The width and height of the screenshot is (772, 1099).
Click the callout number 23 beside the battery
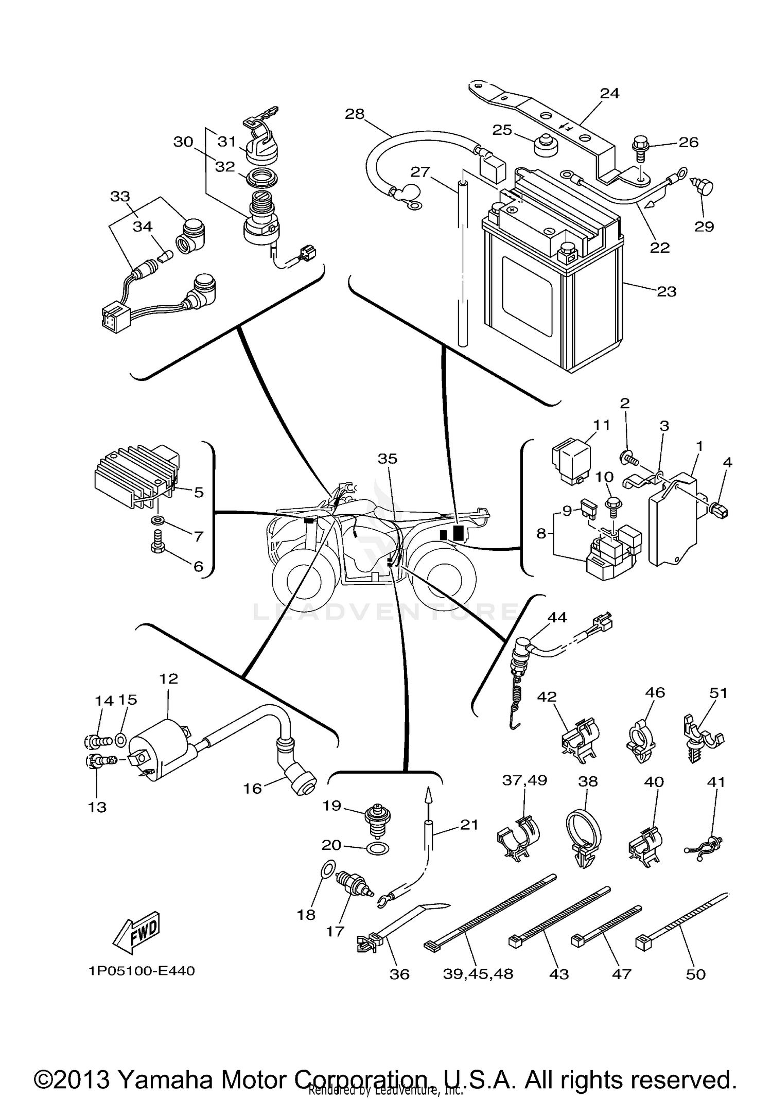tap(666, 291)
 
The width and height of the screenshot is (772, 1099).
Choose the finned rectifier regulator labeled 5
tap(136, 474)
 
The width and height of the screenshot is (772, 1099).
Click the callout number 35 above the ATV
tap(388, 458)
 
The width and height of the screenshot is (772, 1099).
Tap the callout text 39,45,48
tap(478, 974)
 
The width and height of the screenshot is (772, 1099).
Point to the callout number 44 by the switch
tap(557, 617)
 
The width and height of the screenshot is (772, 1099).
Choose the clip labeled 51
tap(703, 739)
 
